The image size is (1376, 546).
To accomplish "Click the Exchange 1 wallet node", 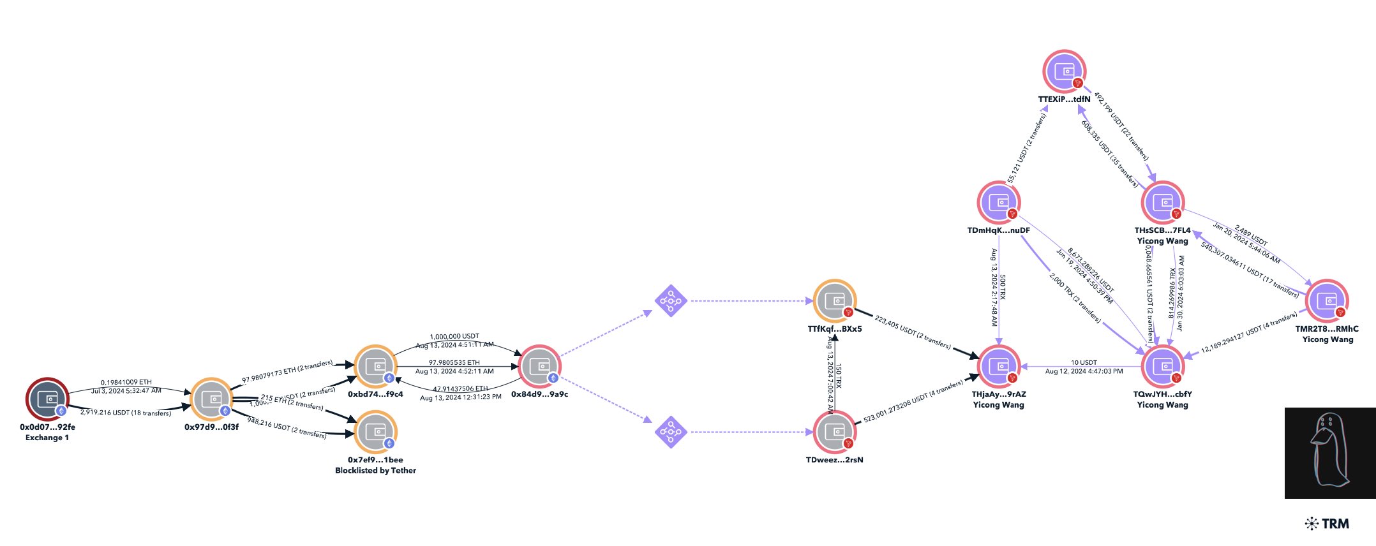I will click(x=47, y=399).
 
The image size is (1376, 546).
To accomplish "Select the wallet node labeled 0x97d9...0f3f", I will click(x=211, y=399).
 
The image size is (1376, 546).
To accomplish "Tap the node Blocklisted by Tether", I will click(x=375, y=432).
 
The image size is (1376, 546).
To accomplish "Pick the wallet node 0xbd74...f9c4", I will click(x=375, y=366).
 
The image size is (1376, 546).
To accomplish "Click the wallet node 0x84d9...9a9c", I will click(x=539, y=366).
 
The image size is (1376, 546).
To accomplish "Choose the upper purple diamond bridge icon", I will click(x=671, y=300).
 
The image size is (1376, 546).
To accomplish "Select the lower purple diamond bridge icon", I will click(x=671, y=432).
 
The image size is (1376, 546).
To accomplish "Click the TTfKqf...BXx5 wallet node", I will click(x=834, y=300).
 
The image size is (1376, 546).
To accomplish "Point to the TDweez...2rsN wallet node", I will click(x=834, y=432).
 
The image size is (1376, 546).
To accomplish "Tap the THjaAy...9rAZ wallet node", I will click(x=998, y=366).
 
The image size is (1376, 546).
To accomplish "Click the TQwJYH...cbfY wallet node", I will click(x=1163, y=366).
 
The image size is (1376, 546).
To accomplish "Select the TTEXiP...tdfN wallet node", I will click(x=1064, y=71).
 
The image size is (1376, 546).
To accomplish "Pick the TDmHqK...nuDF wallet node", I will click(x=998, y=202).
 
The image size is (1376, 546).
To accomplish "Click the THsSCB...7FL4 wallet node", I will click(x=1163, y=202).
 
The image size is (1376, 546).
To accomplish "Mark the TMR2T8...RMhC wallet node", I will click(x=1327, y=300).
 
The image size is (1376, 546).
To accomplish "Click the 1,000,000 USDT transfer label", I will click(x=454, y=336).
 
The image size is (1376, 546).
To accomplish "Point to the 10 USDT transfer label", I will click(x=1084, y=362).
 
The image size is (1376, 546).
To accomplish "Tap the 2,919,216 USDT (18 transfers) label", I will click(x=126, y=413).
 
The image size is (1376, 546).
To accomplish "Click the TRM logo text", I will click(x=1327, y=524).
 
